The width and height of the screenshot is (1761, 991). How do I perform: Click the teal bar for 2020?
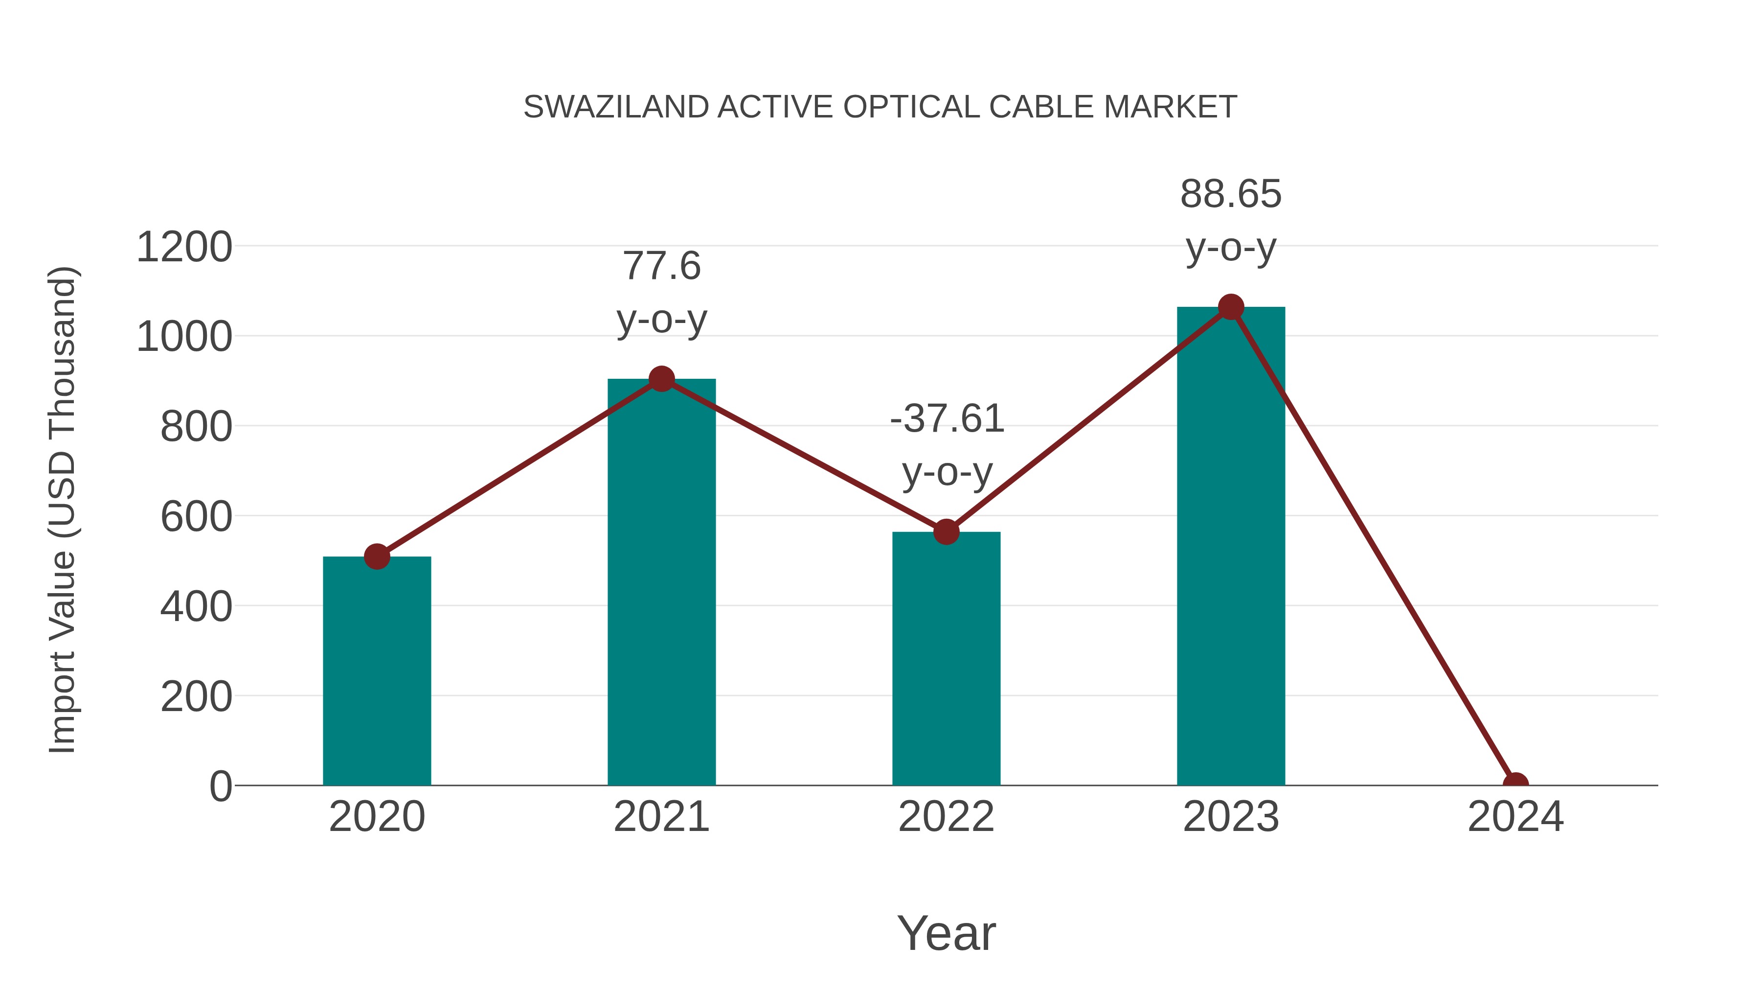click(x=377, y=670)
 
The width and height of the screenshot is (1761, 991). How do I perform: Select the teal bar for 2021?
click(x=661, y=581)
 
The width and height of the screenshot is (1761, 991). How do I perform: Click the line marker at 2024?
click(x=1515, y=784)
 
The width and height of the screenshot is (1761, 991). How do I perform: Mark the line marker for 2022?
click(x=946, y=531)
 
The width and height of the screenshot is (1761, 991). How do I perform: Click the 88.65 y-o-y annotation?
click(x=1231, y=220)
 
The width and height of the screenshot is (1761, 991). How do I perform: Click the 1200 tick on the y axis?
click(x=184, y=247)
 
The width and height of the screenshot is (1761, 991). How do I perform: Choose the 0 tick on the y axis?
click(x=221, y=786)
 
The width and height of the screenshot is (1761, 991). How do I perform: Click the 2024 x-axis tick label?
click(x=1515, y=817)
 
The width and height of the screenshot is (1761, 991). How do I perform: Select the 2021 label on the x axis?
click(x=661, y=817)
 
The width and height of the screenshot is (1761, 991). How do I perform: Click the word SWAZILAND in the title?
click(x=615, y=107)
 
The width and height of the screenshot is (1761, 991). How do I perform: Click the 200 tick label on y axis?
click(x=196, y=697)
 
